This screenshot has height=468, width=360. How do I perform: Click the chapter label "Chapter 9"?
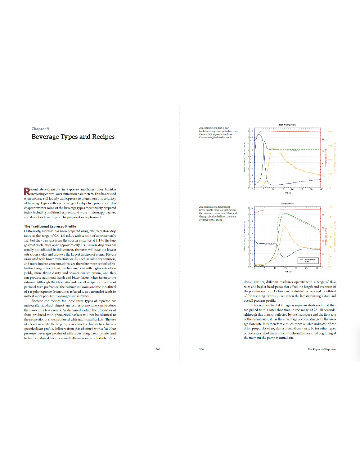(40, 129)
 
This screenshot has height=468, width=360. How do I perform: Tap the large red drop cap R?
(27, 192)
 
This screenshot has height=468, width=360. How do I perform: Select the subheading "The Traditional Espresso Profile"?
(50, 226)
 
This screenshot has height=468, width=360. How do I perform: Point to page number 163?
(158, 349)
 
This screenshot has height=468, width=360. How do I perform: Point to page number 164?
(202, 349)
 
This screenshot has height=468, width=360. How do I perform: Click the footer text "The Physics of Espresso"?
(322, 349)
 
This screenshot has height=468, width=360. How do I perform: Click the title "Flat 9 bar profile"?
(287, 125)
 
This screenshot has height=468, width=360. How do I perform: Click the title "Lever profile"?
(287, 204)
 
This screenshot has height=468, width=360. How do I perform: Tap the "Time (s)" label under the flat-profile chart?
(287, 193)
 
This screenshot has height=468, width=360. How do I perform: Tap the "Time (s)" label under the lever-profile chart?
(287, 271)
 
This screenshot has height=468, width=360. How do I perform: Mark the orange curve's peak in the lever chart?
(284, 227)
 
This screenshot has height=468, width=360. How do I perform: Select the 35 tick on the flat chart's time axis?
(320, 189)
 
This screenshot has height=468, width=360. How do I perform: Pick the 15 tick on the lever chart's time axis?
(285, 268)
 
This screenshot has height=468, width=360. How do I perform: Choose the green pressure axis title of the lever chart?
(244, 236)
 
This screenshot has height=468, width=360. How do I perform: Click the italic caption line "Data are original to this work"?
(215, 138)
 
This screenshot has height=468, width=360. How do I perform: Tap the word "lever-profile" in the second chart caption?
(207, 210)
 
